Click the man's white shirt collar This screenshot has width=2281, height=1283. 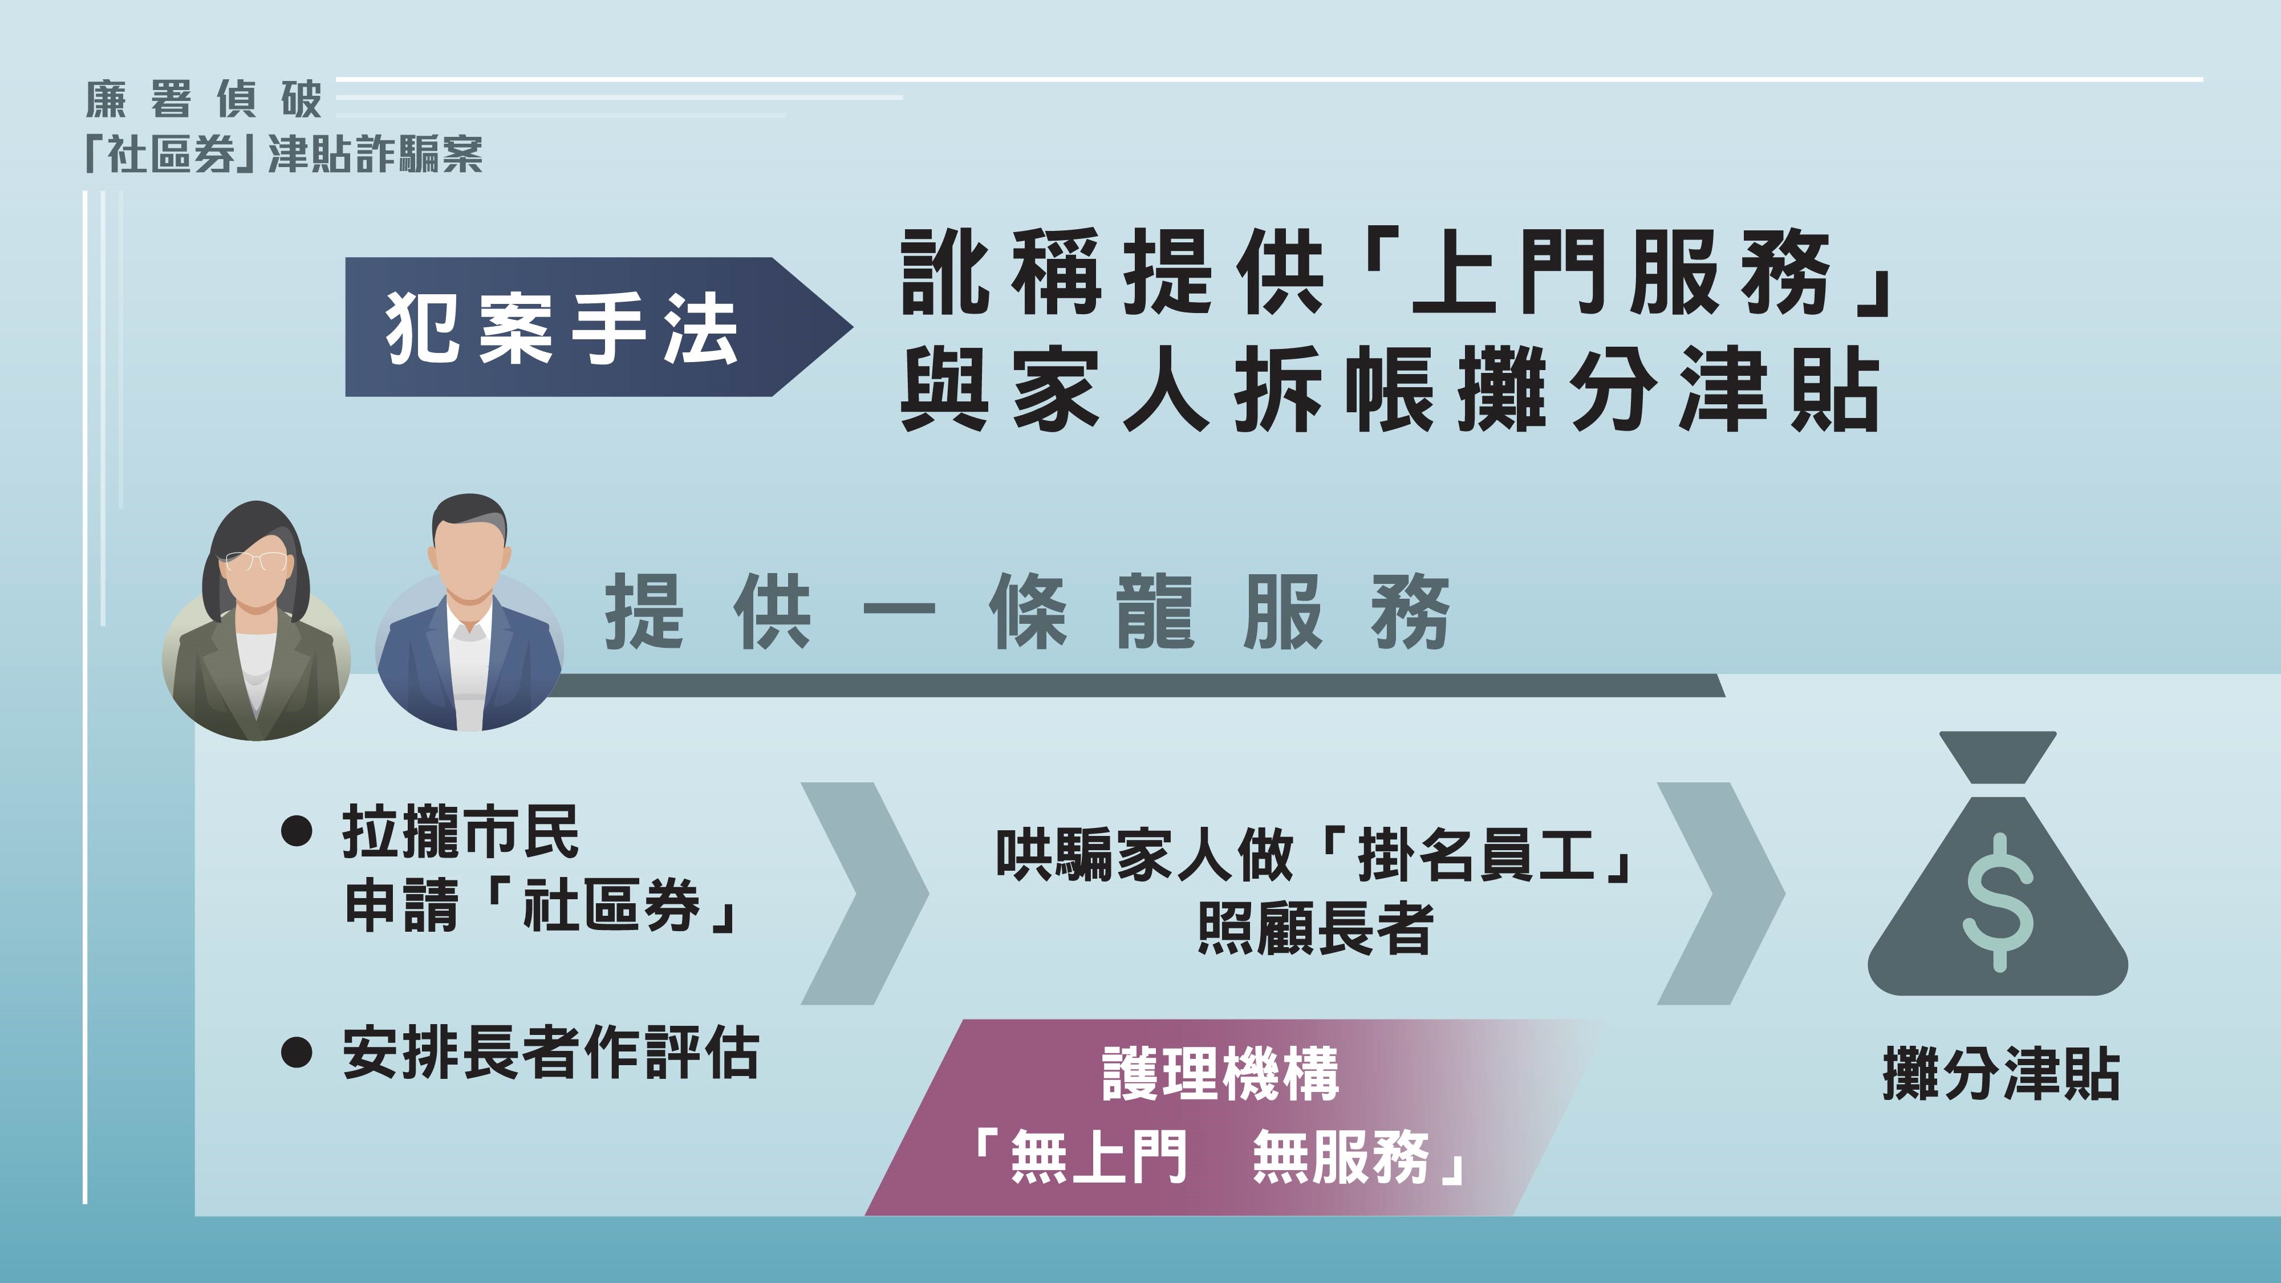coord(468,625)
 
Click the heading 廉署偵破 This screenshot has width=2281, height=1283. coord(204,99)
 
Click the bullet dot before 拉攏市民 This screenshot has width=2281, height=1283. coord(296,831)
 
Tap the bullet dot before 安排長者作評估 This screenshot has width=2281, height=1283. coord(296,1052)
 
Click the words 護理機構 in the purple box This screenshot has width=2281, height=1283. coord(1220,1074)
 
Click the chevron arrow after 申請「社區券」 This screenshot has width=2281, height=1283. coord(863,892)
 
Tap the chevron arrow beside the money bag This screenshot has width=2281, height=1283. coord(1720,892)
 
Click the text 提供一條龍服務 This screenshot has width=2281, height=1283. coord(1027,611)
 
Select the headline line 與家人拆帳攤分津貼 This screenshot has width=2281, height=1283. coord(1390,389)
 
